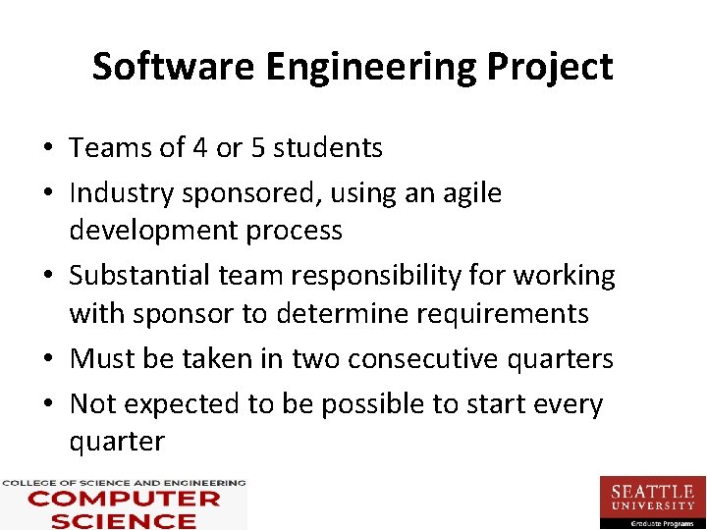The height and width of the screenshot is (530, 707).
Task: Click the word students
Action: tap(328, 148)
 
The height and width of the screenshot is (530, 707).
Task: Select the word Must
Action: tap(103, 359)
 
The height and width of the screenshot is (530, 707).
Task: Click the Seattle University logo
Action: tap(652, 502)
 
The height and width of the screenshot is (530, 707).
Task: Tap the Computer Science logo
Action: tap(123, 503)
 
